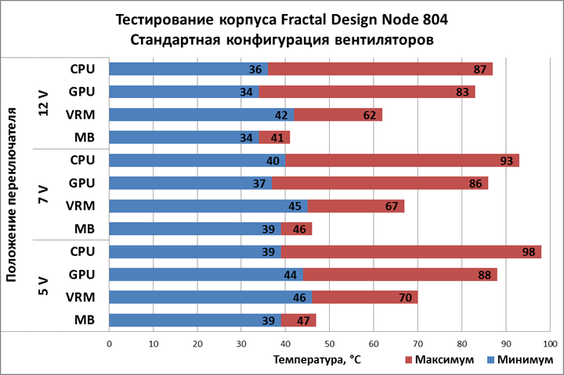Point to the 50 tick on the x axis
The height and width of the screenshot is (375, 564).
coord(329,344)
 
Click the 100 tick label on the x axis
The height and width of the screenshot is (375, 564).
coord(549,344)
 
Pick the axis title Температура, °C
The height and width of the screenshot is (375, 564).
coord(317,360)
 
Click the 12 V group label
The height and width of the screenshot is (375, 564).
coord(45,103)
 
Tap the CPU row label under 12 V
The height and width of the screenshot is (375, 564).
coord(82,69)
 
